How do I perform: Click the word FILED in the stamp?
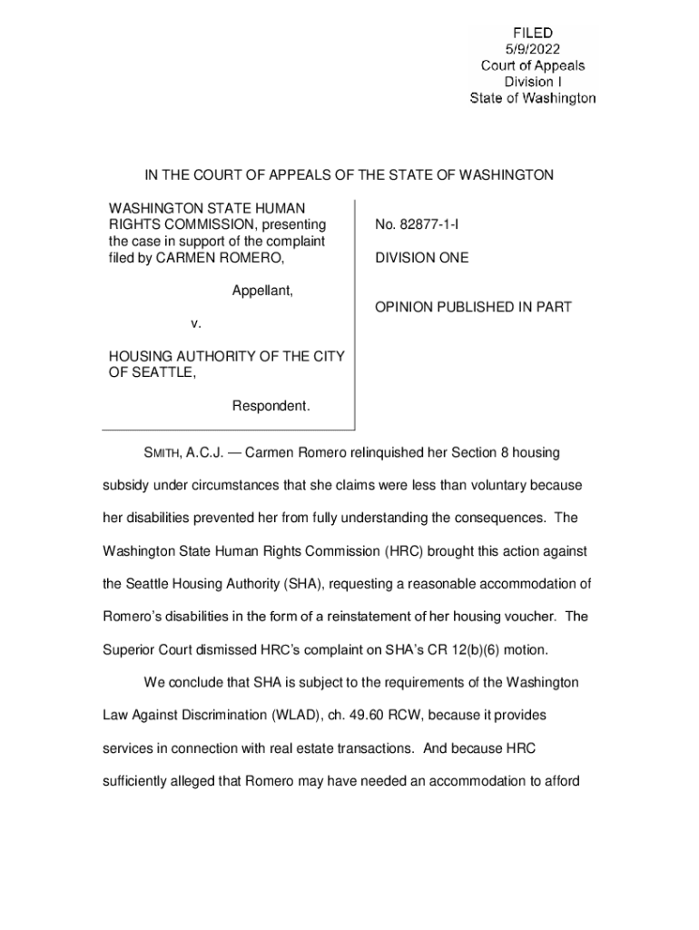533,34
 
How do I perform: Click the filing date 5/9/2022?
533,50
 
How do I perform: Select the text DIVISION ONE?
421,258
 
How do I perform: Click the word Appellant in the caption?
261,291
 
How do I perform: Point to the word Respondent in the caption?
271,406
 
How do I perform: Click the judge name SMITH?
163,452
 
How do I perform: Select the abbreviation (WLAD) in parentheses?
295,716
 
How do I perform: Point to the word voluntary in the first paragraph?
490,485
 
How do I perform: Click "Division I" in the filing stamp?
533,82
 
